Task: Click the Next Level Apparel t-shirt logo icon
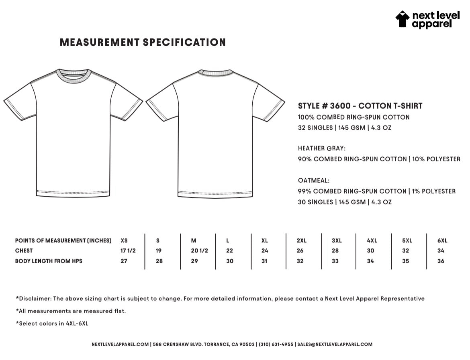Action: [403, 19]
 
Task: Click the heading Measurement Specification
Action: [143, 42]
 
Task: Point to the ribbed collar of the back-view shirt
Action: [215, 73]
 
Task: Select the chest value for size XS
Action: [128, 251]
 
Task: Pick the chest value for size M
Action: [199, 251]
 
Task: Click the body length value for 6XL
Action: [441, 261]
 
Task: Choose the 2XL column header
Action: [301, 241]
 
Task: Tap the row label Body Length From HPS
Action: [49, 261]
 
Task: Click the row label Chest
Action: [24, 251]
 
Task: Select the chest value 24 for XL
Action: [265, 251]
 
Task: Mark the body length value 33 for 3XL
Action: [335, 261]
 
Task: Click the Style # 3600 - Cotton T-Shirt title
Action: [360, 106]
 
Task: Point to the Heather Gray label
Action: [321, 148]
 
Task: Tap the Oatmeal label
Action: [314, 181]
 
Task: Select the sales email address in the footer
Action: [335, 344]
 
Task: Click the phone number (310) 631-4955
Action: [276, 344]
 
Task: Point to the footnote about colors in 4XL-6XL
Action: [52, 323]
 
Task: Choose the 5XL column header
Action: [407, 241]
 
